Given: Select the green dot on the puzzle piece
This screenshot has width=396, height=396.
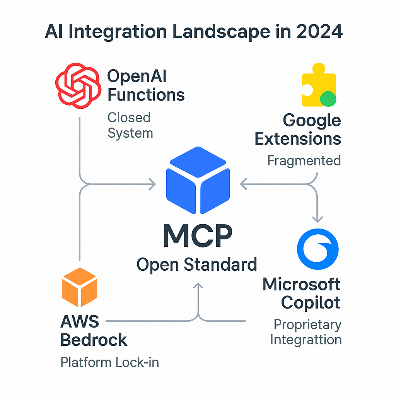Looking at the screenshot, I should [328, 98].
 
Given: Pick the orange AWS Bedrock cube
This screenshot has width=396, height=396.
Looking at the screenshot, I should [79, 287].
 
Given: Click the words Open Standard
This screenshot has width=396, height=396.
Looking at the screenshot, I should [197, 265].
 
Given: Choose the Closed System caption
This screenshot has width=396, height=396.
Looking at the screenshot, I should [130, 125].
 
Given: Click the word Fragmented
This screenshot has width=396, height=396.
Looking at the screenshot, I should [304, 160].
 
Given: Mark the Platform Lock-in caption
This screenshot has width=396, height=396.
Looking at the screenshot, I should [110, 362].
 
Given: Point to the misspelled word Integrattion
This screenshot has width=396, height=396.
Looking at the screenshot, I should [306, 340].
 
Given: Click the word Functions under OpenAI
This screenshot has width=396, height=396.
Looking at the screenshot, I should [146, 95].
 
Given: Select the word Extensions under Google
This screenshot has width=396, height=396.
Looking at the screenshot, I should [298, 138].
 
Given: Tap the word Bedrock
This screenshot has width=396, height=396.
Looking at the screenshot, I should [94, 340].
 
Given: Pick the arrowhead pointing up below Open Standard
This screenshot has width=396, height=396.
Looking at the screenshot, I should [198, 286].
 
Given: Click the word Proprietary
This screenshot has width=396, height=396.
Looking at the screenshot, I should [307, 324].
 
